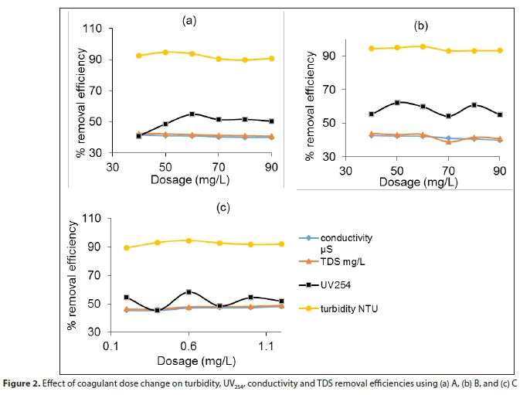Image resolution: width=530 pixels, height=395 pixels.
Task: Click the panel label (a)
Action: [189, 21]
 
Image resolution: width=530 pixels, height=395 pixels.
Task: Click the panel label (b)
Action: [421, 26]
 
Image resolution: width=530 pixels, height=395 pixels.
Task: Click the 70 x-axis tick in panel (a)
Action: [219, 167]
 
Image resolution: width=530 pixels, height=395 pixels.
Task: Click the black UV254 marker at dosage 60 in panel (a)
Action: [192, 114]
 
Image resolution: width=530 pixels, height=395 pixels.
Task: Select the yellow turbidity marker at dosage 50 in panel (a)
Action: [165, 52]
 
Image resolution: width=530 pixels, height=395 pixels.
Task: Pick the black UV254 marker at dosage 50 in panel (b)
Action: [396, 102]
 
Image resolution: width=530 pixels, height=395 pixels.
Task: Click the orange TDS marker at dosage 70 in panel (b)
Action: [448, 141]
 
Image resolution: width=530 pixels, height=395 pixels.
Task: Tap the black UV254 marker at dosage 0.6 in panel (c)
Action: [189, 292]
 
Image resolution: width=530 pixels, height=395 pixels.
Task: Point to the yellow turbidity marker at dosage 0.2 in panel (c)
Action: [126, 247]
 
